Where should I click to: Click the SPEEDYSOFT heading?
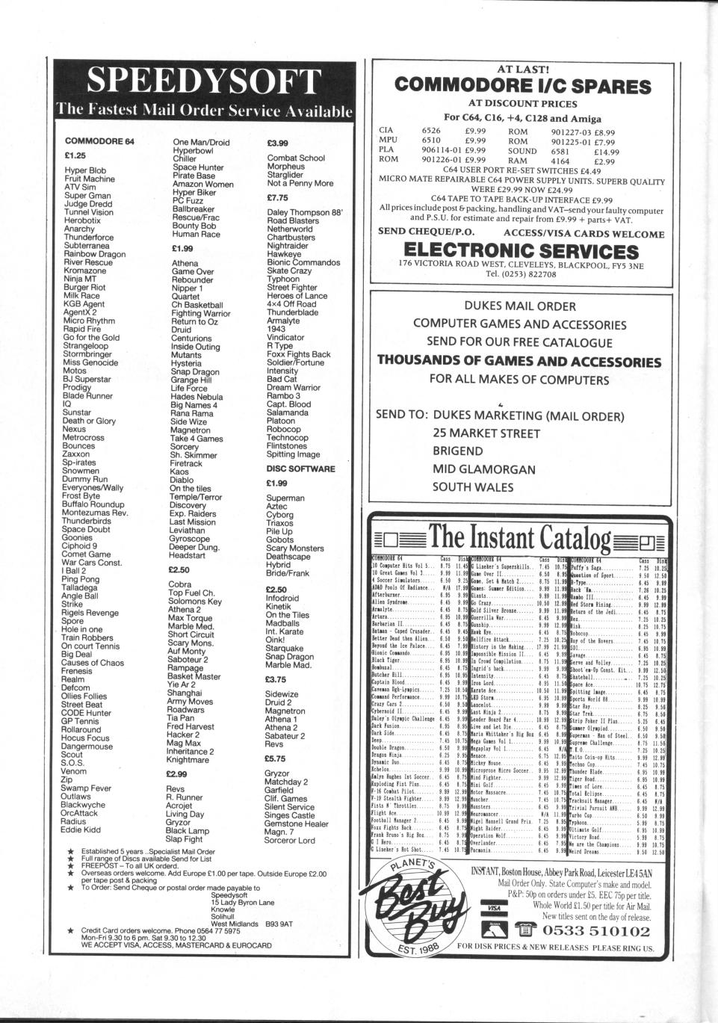[204, 82]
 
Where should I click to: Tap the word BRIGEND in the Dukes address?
[458, 451]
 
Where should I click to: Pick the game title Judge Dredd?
[87, 204]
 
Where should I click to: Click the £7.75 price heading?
[277, 198]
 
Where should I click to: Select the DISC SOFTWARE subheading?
[301, 469]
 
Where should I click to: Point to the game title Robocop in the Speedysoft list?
[284, 430]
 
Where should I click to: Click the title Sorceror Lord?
[291, 840]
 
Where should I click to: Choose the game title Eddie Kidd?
[81, 829]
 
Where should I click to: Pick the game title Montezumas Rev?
[95, 513]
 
